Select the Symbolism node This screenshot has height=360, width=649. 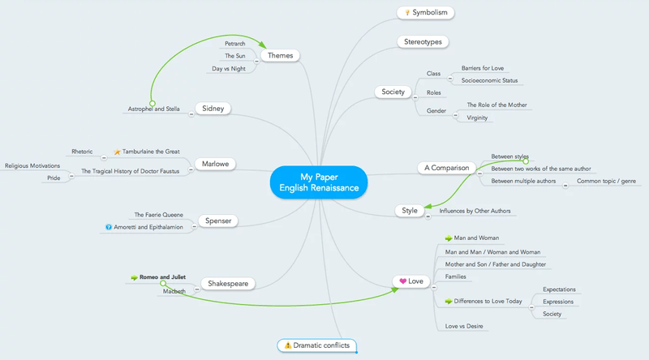(x=426, y=12)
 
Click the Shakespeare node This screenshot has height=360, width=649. (x=228, y=284)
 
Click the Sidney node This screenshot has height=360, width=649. (x=214, y=108)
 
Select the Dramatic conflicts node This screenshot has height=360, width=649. (x=316, y=345)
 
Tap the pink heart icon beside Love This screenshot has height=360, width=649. (x=402, y=281)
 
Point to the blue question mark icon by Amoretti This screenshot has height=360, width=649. (x=109, y=227)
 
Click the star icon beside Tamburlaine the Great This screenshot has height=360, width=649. (x=117, y=152)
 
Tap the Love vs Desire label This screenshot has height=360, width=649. (x=465, y=326)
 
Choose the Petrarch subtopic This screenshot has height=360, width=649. (x=235, y=42)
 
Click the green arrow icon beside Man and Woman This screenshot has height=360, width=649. (x=449, y=238)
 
